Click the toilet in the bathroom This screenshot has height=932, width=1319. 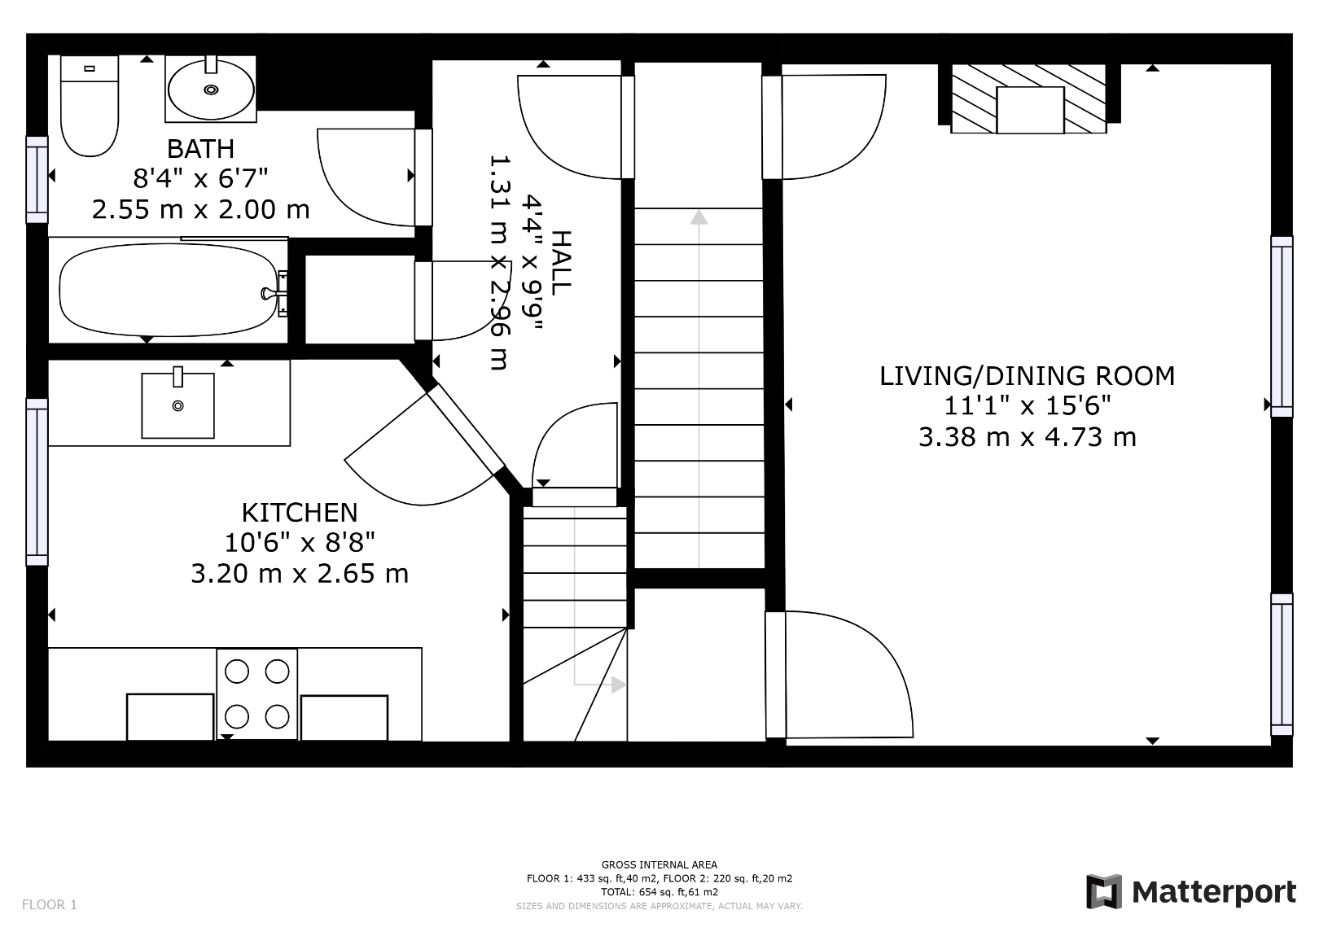pos(90,106)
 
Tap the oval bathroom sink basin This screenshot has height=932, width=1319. pos(211,90)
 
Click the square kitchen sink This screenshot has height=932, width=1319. pos(177,405)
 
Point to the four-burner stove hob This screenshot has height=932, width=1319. pos(256,694)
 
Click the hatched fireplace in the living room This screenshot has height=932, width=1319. pos(1029,99)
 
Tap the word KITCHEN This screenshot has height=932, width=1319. pos(300,512)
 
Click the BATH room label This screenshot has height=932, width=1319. pos(200,149)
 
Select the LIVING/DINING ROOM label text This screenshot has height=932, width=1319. pos(1027,376)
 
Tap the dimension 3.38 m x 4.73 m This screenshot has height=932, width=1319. pos(1027,437)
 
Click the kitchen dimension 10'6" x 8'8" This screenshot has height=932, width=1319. pos(300,543)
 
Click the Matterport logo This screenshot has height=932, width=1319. pos(1190,892)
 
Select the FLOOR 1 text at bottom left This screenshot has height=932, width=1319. pos(50,904)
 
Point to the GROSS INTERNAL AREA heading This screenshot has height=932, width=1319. pos(659,865)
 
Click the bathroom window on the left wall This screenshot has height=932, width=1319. pos(37,179)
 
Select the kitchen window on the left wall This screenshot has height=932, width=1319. pos(37,481)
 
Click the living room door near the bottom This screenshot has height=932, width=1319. pos(839,676)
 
